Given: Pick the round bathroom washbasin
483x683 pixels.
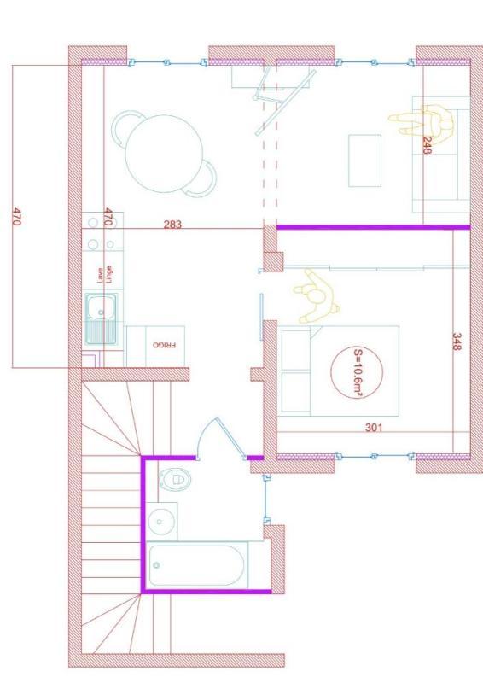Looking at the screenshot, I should (160, 519).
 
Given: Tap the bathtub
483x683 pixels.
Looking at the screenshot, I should (197, 564).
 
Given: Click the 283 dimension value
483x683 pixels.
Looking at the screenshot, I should (173, 225).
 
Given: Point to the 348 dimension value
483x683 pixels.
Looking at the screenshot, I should (457, 342).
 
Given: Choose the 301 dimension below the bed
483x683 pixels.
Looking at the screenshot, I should (372, 428).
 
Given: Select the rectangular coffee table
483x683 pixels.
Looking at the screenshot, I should (364, 160).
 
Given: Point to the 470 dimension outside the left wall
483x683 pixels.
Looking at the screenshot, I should (15, 216).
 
